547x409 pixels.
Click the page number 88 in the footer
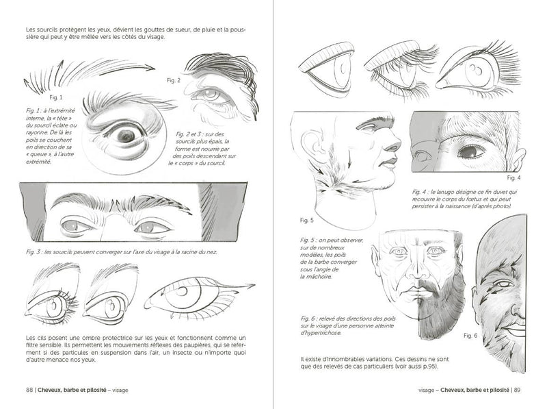coord(29,391)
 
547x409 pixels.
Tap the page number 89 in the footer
coord(517,391)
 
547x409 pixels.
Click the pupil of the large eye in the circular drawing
coord(125,135)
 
